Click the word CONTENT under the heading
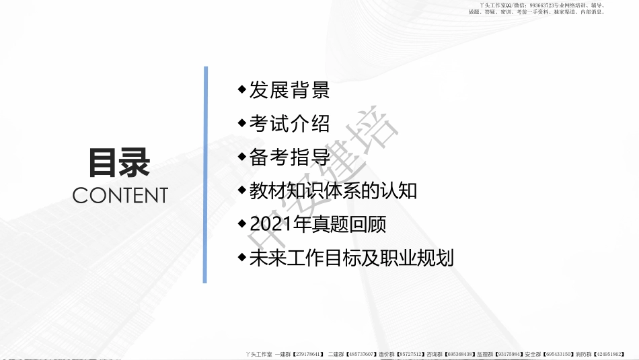click(120, 196)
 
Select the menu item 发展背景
click(289, 89)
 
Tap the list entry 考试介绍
click(289, 123)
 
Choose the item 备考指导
click(289, 157)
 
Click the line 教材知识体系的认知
click(333, 191)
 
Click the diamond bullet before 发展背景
click(242, 89)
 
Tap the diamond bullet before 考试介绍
click(242, 122)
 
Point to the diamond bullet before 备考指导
click(242, 156)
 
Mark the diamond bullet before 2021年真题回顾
click(242, 223)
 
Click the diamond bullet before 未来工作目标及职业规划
click(242, 257)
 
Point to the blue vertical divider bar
click(205, 174)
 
